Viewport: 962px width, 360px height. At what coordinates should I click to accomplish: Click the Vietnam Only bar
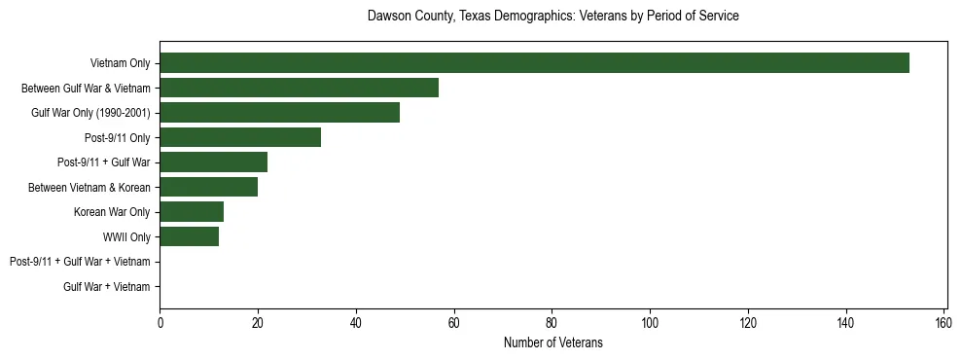pyautogui.click(x=534, y=63)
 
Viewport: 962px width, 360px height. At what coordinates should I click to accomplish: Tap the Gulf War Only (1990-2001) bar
pyautogui.click(x=279, y=113)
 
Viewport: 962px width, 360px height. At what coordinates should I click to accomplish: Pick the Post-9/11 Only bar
pyautogui.click(x=240, y=137)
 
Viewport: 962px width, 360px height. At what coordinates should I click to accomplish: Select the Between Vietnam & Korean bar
pyautogui.click(x=208, y=187)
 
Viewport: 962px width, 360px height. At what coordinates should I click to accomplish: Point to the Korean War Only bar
pyautogui.click(x=192, y=212)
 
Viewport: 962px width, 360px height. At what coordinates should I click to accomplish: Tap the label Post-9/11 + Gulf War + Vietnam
pyautogui.click(x=80, y=262)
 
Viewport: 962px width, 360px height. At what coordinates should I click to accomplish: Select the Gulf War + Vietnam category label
pyautogui.click(x=107, y=286)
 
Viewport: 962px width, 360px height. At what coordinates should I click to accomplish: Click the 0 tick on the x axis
pyautogui.click(x=160, y=323)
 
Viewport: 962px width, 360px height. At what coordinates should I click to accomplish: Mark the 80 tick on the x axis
pyautogui.click(x=552, y=323)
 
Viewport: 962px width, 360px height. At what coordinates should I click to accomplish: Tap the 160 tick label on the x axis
pyautogui.click(x=944, y=323)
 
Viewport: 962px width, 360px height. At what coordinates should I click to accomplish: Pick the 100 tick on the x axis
pyautogui.click(x=650, y=323)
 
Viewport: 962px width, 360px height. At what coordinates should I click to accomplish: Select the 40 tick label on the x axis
pyautogui.click(x=356, y=323)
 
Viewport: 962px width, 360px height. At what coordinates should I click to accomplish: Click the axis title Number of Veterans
pyautogui.click(x=552, y=342)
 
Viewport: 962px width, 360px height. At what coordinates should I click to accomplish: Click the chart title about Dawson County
pyautogui.click(x=552, y=17)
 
